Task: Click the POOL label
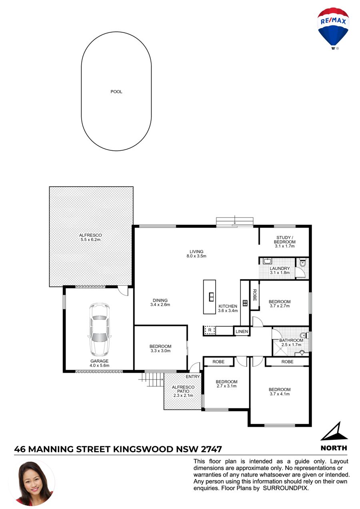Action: click(116, 92)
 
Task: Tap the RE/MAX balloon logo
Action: click(333, 29)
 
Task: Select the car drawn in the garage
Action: click(99, 329)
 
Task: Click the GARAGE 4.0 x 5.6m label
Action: click(99, 363)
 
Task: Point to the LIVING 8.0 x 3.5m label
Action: click(196, 254)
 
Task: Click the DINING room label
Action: click(160, 302)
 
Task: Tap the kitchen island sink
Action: click(211, 297)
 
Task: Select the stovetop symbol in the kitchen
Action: click(245, 303)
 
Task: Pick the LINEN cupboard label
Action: click(242, 331)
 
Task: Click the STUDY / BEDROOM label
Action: click(284, 242)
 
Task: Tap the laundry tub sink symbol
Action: click(268, 261)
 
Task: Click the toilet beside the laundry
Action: click(302, 263)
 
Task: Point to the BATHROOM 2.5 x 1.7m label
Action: click(291, 342)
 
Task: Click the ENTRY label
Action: click(193, 377)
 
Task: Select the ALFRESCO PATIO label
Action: click(183, 391)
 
